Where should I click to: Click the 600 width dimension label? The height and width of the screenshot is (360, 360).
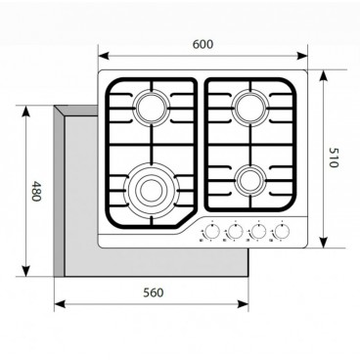coord(202,45)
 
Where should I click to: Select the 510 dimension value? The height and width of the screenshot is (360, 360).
coord(333,158)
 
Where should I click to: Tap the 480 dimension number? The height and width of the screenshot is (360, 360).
coord(35,193)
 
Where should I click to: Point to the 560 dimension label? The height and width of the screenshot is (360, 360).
coord(152,292)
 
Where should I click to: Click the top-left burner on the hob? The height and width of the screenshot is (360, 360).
coord(151,104)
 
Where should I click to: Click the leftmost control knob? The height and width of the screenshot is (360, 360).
coord(209,233)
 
